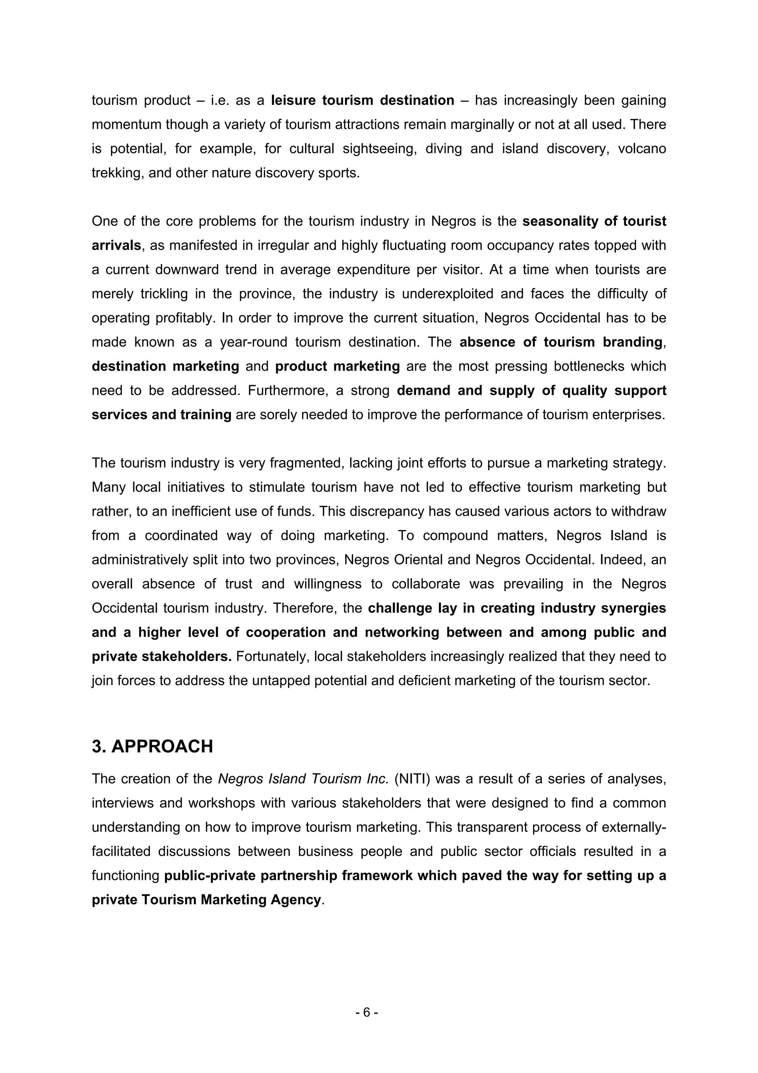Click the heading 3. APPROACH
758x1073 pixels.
(152, 746)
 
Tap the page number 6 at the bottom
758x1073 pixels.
(367, 1012)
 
